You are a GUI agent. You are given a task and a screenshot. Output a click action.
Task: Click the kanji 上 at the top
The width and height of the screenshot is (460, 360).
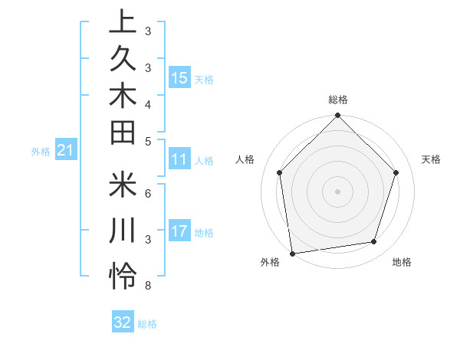(x=123, y=24)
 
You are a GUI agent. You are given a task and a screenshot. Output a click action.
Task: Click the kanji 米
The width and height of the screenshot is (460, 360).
(x=123, y=186)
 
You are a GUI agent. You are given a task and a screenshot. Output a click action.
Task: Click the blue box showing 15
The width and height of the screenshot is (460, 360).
(x=179, y=78)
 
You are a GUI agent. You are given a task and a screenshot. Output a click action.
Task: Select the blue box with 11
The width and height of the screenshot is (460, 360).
(x=179, y=160)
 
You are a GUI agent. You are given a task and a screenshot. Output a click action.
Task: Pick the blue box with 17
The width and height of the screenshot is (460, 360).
(x=179, y=231)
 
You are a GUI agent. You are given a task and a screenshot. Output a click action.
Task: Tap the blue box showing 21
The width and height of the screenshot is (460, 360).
(x=66, y=151)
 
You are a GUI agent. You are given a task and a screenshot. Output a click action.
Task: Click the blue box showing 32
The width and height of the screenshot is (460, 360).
(x=123, y=322)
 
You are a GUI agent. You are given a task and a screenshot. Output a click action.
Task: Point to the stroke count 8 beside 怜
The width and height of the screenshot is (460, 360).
(x=147, y=286)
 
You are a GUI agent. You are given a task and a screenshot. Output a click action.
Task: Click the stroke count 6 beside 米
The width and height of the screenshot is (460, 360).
(x=147, y=193)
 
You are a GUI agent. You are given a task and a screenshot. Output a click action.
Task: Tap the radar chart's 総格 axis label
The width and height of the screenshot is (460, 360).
(x=338, y=100)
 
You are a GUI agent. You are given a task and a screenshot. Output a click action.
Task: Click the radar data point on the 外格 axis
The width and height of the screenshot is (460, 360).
(x=292, y=253)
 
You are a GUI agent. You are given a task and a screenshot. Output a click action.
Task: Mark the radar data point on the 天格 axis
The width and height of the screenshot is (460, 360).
(x=396, y=172)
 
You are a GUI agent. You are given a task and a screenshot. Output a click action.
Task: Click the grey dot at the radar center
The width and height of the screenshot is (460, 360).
(x=338, y=191)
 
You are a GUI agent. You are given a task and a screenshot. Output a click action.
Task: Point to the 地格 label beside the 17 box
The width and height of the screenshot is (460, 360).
(x=205, y=232)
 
